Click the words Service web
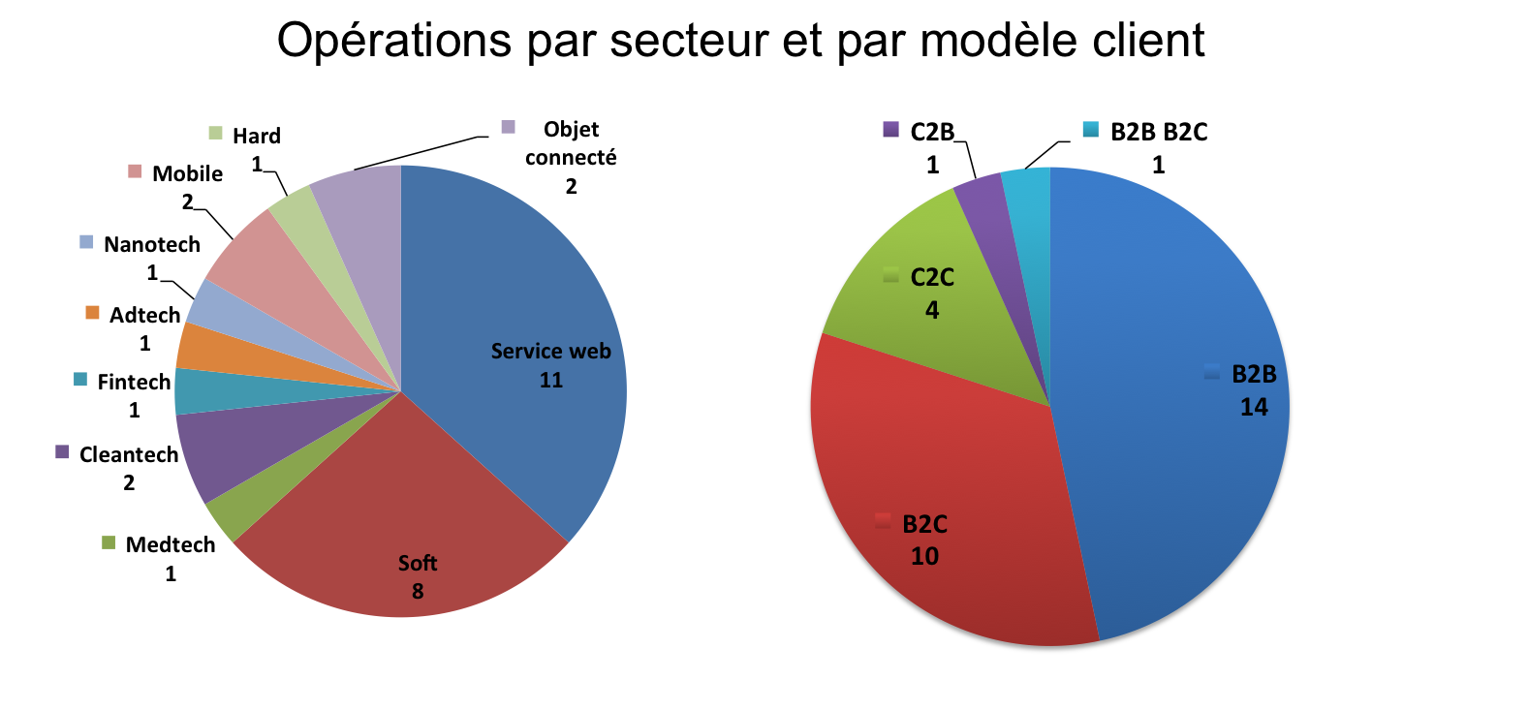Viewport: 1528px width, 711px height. tap(550, 351)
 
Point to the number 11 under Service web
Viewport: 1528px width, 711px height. tap(550, 380)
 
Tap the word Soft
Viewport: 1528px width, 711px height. tap(418, 563)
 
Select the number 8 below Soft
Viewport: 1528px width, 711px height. tap(418, 591)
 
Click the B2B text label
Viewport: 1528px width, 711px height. tap(1254, 375)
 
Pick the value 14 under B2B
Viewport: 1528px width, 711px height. tap(1254, 407)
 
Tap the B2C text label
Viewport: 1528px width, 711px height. tap(924, 524)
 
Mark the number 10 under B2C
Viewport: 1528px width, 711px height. tap(924, 556)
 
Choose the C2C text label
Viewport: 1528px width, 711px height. tap(932, 278)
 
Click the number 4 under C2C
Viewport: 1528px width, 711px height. tap(932, 310)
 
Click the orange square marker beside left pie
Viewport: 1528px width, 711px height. tap(92, 312)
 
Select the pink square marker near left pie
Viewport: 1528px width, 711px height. tap(135, 170)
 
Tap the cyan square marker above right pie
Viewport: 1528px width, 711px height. tap(1090, 129)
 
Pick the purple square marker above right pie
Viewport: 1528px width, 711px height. tap(890, 129)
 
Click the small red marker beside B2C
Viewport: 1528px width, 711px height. tap(882, 521)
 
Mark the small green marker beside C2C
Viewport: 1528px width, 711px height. tap(890, 276)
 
